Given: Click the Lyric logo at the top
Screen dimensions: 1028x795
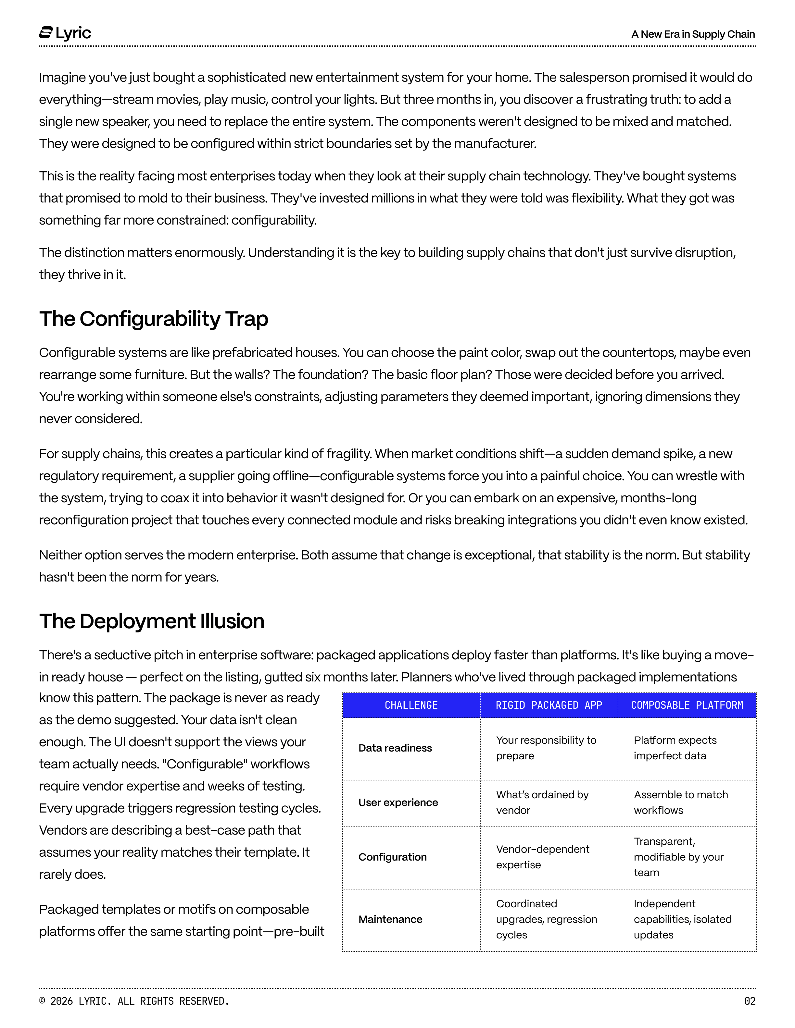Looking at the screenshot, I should [65, 33].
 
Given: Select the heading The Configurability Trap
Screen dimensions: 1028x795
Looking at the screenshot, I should [154, 319].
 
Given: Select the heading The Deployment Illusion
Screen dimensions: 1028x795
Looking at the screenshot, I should [152, 621].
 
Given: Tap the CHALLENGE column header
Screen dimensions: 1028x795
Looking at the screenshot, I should [411, 705].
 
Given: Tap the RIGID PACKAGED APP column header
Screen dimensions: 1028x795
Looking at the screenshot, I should [549, 705].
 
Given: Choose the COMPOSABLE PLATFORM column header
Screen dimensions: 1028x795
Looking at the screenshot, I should [687, 705].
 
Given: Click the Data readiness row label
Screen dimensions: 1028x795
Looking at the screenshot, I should [395, 748].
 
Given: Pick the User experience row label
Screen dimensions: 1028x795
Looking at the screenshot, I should [398, 802].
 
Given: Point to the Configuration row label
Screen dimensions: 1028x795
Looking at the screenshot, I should [392, 857].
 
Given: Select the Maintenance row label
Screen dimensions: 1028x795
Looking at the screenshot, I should [390, 919].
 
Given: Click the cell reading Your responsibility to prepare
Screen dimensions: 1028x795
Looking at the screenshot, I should [546, 748].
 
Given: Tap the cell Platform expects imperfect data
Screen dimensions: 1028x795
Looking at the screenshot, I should [675, 748].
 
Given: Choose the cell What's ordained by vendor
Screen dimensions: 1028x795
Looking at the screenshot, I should [542, 802].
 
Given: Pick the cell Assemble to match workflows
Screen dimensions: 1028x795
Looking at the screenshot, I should [681, 802].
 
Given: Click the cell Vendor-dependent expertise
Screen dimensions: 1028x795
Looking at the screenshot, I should [543, 857].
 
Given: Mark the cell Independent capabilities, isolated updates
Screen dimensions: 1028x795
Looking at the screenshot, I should [682, 919].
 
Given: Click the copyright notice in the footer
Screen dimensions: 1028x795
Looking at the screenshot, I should [134, 1001].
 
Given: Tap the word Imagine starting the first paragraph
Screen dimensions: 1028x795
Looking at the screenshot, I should [62, 78].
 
